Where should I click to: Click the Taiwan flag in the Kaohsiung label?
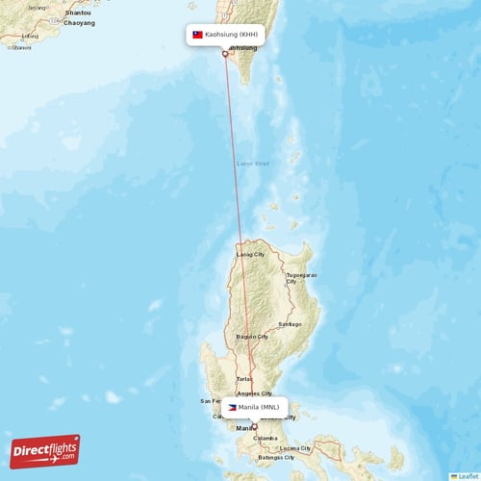pyautogui.click(x=198, y=35)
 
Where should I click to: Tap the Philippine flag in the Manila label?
pyautogui.click(x=232, y=408)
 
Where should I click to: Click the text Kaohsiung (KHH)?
pyautogui.click(x=232, y=35)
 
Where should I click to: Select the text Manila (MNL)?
pyautogui.click(x=260, y=408)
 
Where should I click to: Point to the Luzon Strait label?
pyautogui.click(x=254, y=164)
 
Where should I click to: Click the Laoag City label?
pyautogui.click(x=252, y=255)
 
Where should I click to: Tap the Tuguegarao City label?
pyautogui.click(x=301, y=278)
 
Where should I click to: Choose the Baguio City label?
pyautogui.click(x=252, y=337)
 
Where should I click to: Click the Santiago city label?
pyautogui.click(x=290, y=324)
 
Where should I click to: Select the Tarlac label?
pyautogui.click(x=231, y=380)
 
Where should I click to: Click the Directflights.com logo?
pyautogui.click(x=44, y=451)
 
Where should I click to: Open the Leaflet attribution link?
pyautogui.click(x=468, y=475)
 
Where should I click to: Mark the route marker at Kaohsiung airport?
pyautogui.click(x=225, y=54)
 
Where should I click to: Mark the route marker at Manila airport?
pyautogui.click(x=254, y=426)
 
